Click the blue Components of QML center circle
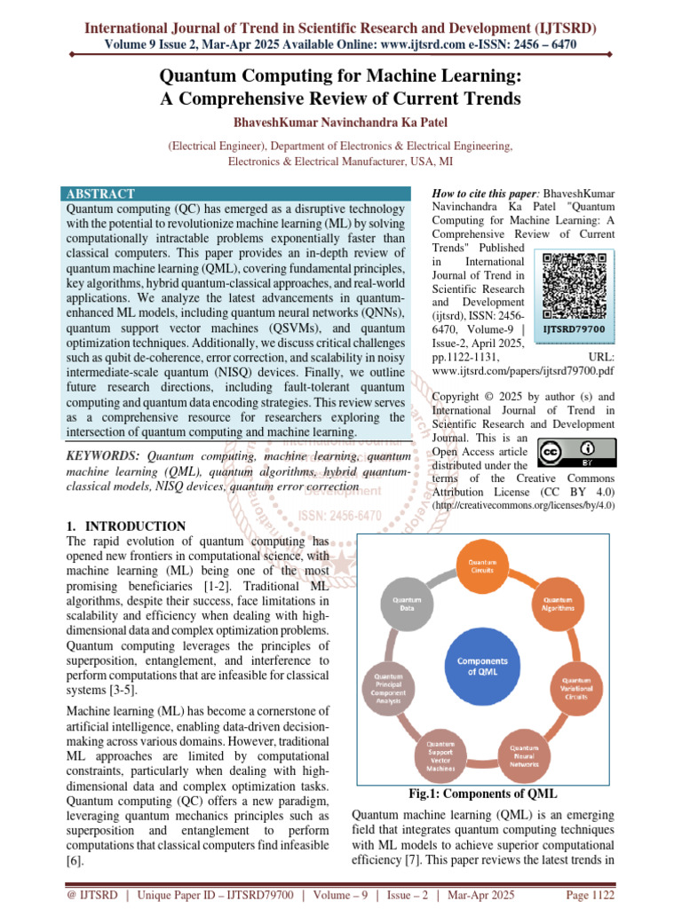(482, 667)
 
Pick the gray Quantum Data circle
(401, 605)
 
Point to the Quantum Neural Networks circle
(524, 755)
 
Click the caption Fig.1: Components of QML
(482, 794)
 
